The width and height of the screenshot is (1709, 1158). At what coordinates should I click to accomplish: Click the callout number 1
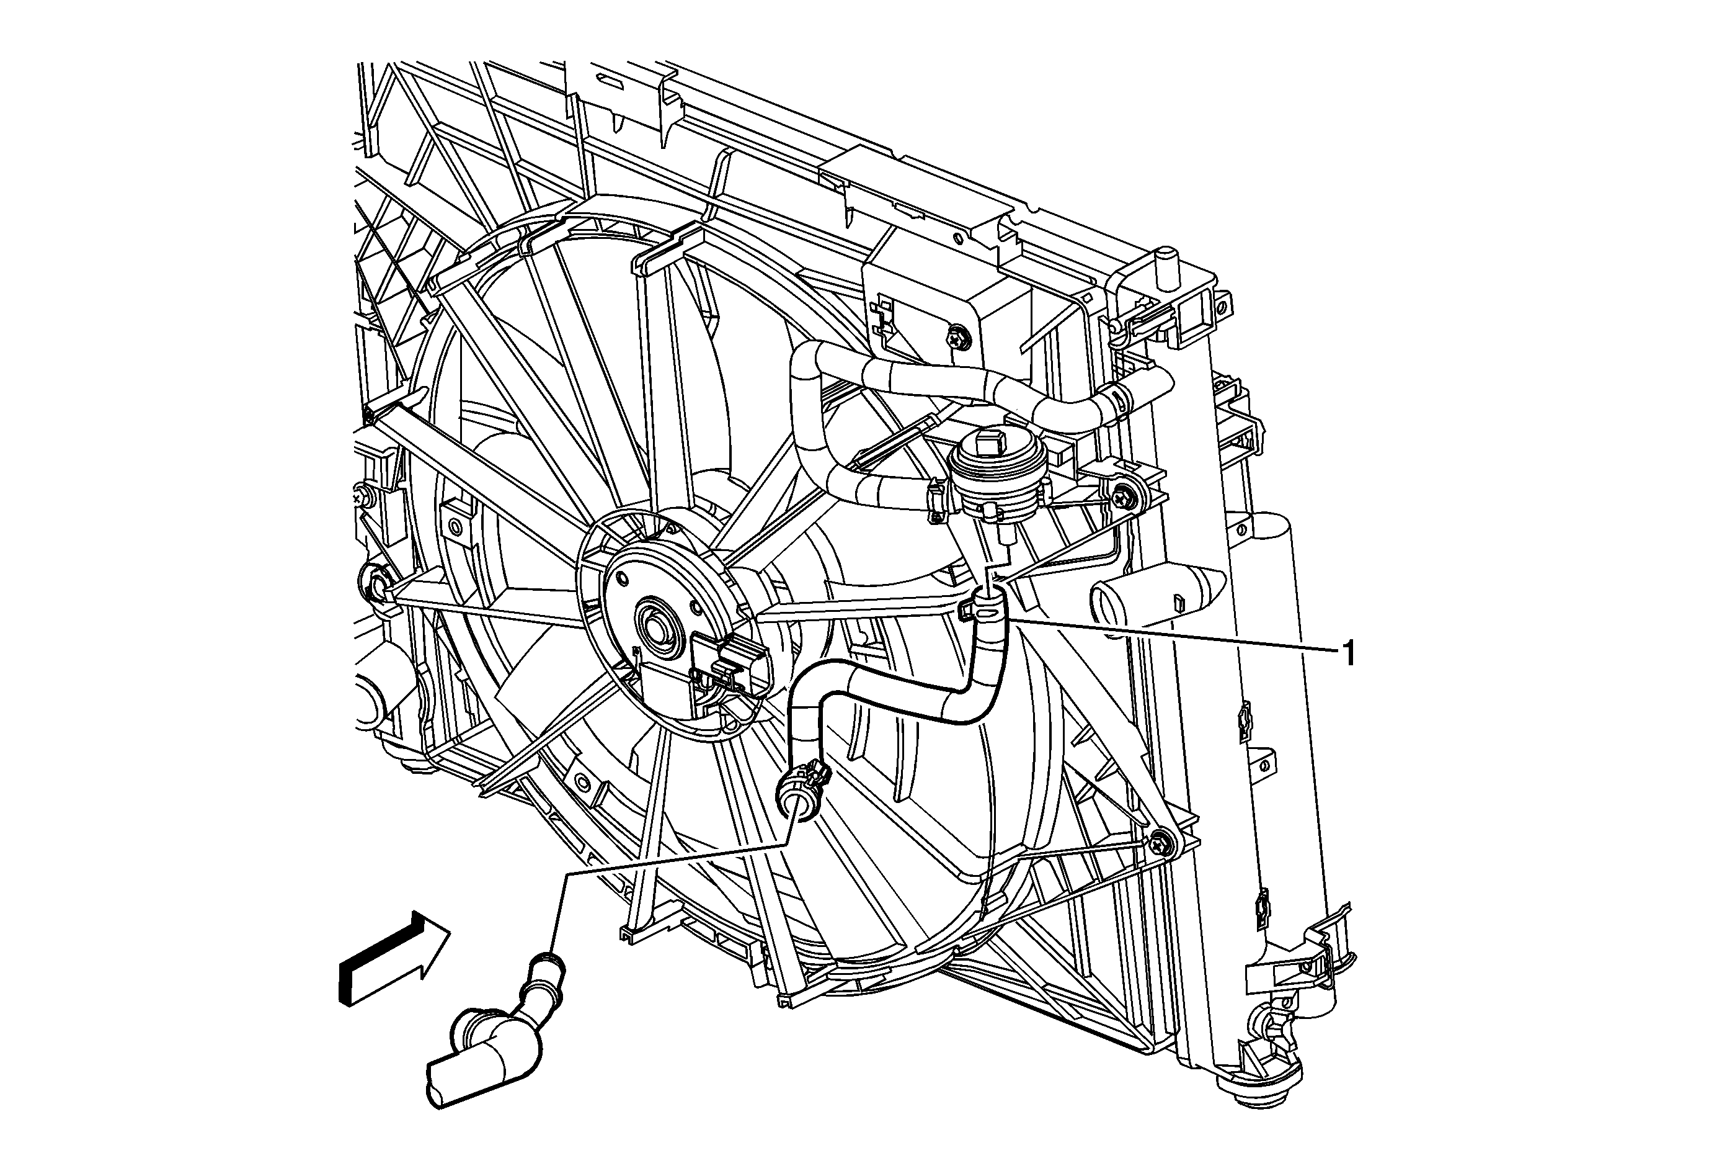coord(1348,653)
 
